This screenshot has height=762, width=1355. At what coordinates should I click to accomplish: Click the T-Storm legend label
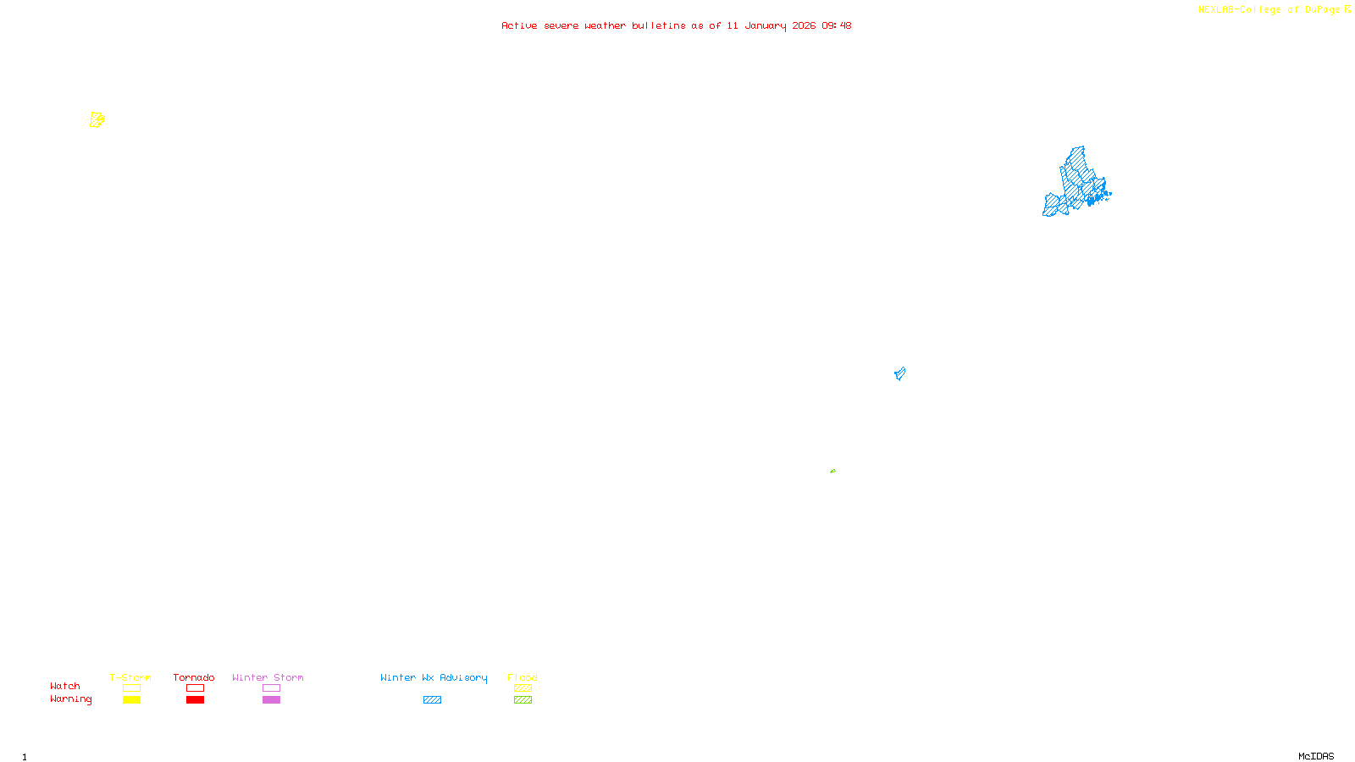click(x=130, y=677)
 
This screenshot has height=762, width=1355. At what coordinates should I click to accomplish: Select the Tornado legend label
click(x=194, y=677)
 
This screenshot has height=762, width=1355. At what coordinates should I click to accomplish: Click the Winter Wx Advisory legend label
click(x=434, y=677)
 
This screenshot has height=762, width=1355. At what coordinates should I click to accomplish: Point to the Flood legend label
click(x=523, y=677)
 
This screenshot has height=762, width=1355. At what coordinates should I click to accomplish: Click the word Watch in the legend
click(x=65, y=686)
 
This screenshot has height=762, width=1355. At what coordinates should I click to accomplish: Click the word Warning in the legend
click(x=70, y=699)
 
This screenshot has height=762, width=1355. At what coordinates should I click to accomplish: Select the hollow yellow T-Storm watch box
click(x=131, y=688)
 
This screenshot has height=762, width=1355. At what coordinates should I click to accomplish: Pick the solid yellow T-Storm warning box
click(x=131, y=700)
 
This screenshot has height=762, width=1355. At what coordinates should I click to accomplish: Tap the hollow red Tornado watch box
click(x=195, y=688)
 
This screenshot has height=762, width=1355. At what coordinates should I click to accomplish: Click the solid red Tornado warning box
click(x=195, y=700)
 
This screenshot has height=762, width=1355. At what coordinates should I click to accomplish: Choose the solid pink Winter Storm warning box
click(x=271, y=700)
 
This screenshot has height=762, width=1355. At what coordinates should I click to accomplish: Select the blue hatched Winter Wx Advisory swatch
click(x=432, y=700)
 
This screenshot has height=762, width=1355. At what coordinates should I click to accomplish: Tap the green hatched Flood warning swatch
click(x=523, y=700)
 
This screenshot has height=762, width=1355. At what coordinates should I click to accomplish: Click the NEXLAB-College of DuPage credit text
click(x=1269, y=10)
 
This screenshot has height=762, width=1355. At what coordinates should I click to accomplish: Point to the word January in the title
click(x=765, y=25)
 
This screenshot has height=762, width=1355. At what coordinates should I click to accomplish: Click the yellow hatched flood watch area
click(x=97, y=120)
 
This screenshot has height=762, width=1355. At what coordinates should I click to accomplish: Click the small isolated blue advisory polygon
click(x=899, y=373)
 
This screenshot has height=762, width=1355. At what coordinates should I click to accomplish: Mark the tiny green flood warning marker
click(x=832, y=471)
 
